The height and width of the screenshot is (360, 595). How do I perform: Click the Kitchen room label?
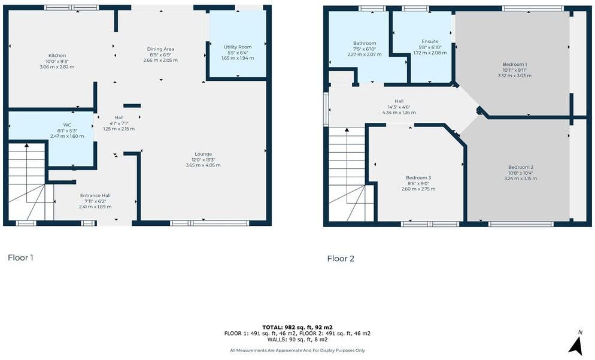pos(57,56)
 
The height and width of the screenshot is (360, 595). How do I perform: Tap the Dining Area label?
pos(160,49)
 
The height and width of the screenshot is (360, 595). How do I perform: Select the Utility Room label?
pos(238,47)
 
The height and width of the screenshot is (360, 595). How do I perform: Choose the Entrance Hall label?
pos(95,195)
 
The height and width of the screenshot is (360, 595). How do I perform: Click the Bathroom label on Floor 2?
pos(365,43)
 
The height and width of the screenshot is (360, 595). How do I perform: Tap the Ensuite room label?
pos(430,41)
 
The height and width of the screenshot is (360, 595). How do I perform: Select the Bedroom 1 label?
pos(515,65)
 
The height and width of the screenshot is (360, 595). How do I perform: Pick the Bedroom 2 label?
pos(520,167)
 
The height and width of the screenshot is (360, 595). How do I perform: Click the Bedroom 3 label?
pos(418,178)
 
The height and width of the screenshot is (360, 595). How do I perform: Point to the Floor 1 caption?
pos(20,258)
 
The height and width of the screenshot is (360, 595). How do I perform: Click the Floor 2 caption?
pos(341,259)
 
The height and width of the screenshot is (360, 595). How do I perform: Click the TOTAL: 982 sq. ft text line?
pos(297,327)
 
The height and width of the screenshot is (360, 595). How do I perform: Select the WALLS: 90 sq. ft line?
pos(297,339)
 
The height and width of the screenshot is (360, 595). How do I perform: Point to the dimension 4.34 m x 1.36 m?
pos(399,112)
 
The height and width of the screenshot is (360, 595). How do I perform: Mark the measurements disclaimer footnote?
pos(297,350)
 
